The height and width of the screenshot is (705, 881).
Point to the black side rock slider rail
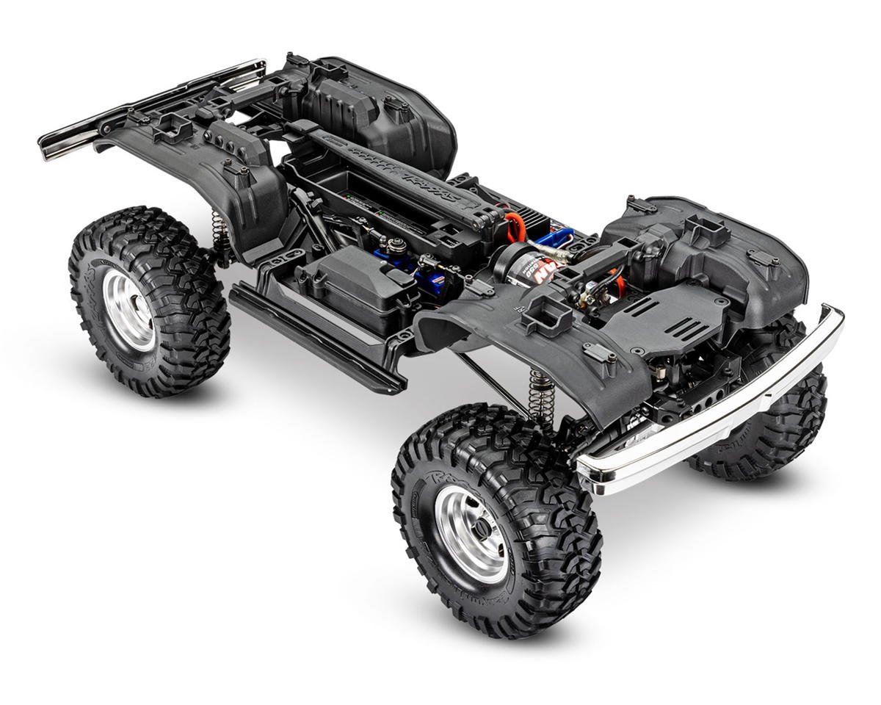click(316, 338)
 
